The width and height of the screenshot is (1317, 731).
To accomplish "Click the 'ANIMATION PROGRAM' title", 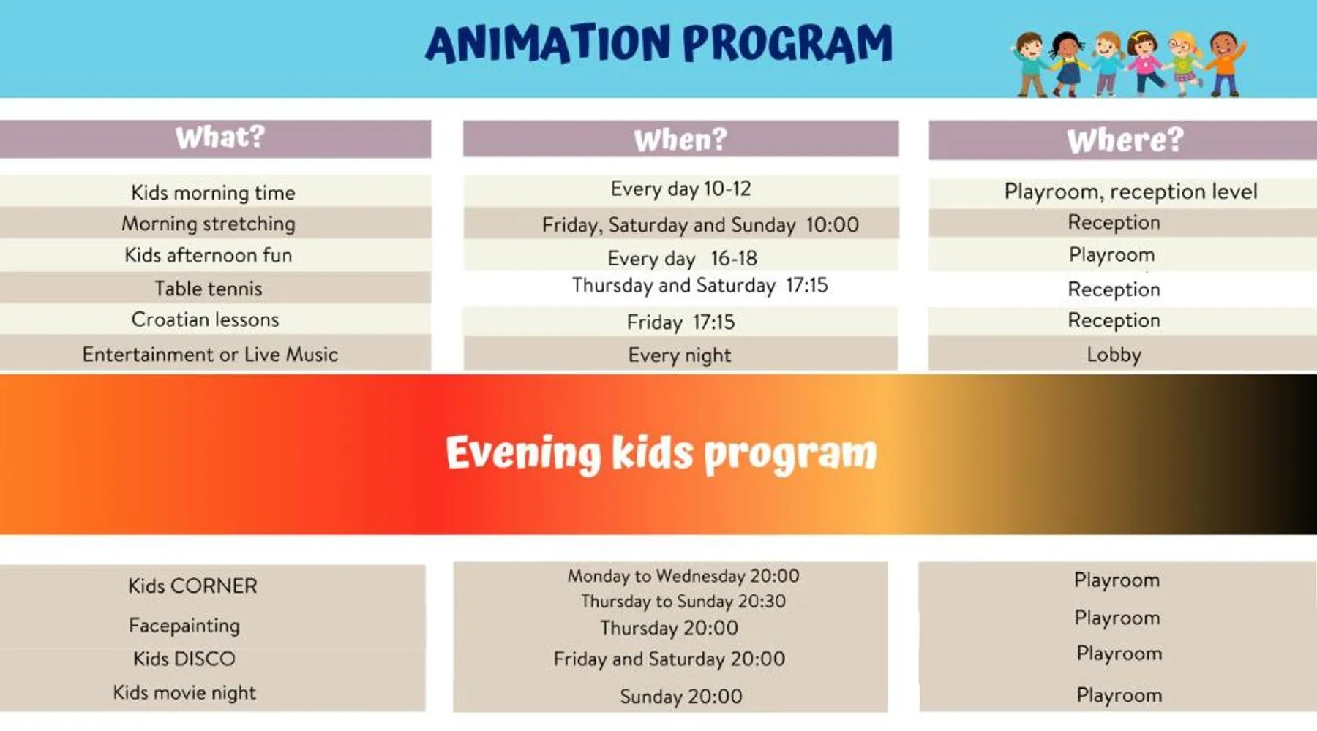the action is click(658, 43).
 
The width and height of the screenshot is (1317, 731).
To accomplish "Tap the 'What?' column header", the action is click(219, 137).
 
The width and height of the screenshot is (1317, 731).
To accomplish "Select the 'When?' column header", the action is click(680, 139).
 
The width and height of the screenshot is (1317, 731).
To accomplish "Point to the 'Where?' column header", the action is click(1125, 140).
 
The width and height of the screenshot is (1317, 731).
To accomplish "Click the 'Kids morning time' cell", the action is click(213, 192).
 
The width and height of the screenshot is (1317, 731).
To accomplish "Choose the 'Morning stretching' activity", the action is click(209, 224).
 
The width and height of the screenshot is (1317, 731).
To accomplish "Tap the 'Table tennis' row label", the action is click(209, 288).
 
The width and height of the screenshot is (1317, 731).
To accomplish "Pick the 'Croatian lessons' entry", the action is click(206, 319).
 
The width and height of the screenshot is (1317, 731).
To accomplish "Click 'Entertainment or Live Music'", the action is click(210, 354).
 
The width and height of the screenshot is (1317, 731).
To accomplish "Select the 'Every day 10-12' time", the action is click(680, 189).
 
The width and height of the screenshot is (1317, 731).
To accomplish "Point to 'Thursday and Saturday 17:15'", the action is click(699, 285).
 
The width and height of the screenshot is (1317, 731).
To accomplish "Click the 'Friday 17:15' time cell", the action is click(680, 322).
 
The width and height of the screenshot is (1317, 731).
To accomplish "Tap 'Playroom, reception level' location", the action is click(1130, 192).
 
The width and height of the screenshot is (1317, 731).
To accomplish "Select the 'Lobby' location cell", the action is click(1114, 355).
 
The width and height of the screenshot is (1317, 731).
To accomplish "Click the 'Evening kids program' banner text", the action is click(661, 453).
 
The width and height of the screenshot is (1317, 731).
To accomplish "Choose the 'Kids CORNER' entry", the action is click(192, 586).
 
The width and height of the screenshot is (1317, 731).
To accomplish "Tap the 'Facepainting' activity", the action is click(184, 625).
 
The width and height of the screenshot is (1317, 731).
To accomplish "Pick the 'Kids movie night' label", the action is click(184, 692).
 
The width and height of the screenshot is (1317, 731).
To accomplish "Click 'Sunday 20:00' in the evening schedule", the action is click(680, 696).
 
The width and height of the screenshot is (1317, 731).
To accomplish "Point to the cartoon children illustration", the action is click(1128, 64).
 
